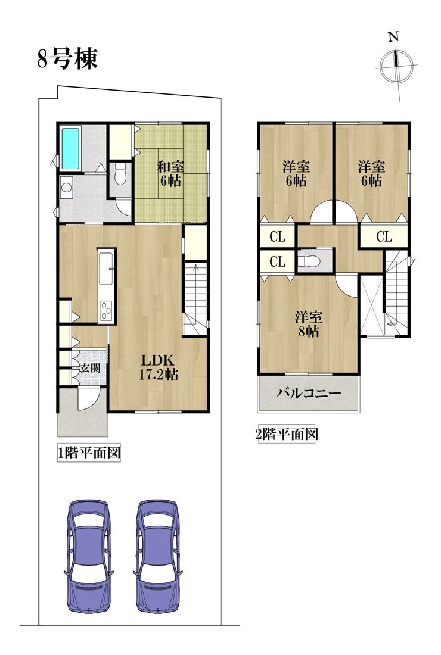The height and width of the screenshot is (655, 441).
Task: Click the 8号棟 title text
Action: [67, 58]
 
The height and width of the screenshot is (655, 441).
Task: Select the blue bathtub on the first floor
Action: [71, 149]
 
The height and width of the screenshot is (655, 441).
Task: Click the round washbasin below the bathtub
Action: [66, 187]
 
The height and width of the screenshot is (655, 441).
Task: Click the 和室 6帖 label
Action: [170, 174]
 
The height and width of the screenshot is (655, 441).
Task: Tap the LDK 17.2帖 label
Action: [159, 367]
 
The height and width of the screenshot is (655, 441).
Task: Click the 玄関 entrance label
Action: [91, 369]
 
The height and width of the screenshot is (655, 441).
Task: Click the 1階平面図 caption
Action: [89, 453]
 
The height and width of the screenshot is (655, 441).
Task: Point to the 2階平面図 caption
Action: [287, 435]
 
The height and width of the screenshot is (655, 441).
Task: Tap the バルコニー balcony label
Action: [309, 393]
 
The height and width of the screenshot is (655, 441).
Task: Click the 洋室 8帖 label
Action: [308, 324]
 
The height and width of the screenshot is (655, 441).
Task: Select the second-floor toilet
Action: [309, 261]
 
